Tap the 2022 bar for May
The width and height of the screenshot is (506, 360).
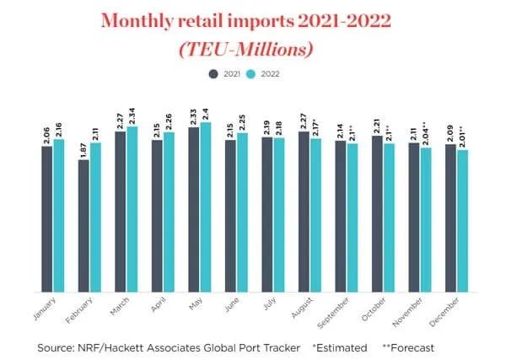[x=205, y=207]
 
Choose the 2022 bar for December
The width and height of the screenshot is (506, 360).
[x=462, y=221]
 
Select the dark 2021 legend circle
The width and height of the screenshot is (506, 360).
[x=213, y=73]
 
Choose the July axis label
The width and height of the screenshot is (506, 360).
[x=268, y=304]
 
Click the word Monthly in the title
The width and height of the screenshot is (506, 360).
[x=139, y=21]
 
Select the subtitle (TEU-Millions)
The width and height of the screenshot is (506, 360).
[x=253, y=48]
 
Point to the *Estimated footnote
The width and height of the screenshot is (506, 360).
[x=340, y=347]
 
